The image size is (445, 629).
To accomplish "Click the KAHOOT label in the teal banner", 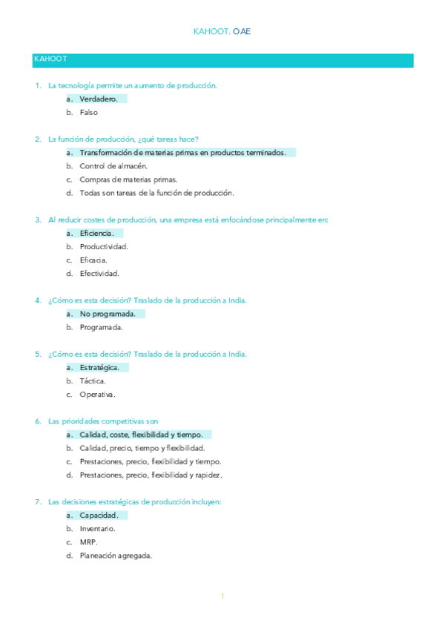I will coord(51,59).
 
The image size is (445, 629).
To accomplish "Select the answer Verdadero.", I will coord(98,99).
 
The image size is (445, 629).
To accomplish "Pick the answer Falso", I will coord(88,113).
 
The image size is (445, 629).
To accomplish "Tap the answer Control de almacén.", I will coord(108,165).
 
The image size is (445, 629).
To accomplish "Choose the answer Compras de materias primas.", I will coord(128,180).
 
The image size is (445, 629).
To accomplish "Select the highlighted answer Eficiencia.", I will coord(96,233).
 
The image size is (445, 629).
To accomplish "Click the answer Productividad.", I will coord(104,246).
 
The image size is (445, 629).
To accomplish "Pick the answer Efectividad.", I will coord(99,274).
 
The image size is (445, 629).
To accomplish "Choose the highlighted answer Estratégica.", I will coord(99,367).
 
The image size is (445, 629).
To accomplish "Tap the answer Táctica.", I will coord(93,381).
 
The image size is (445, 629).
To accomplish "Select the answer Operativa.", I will coord(97,395).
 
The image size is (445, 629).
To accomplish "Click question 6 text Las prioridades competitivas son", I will coord(103,421).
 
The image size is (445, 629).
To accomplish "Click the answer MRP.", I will coord(88,542).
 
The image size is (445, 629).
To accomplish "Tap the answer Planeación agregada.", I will coord(116,556).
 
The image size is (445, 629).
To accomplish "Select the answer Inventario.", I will coord(97,529).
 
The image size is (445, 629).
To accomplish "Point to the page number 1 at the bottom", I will coord(222,596).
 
